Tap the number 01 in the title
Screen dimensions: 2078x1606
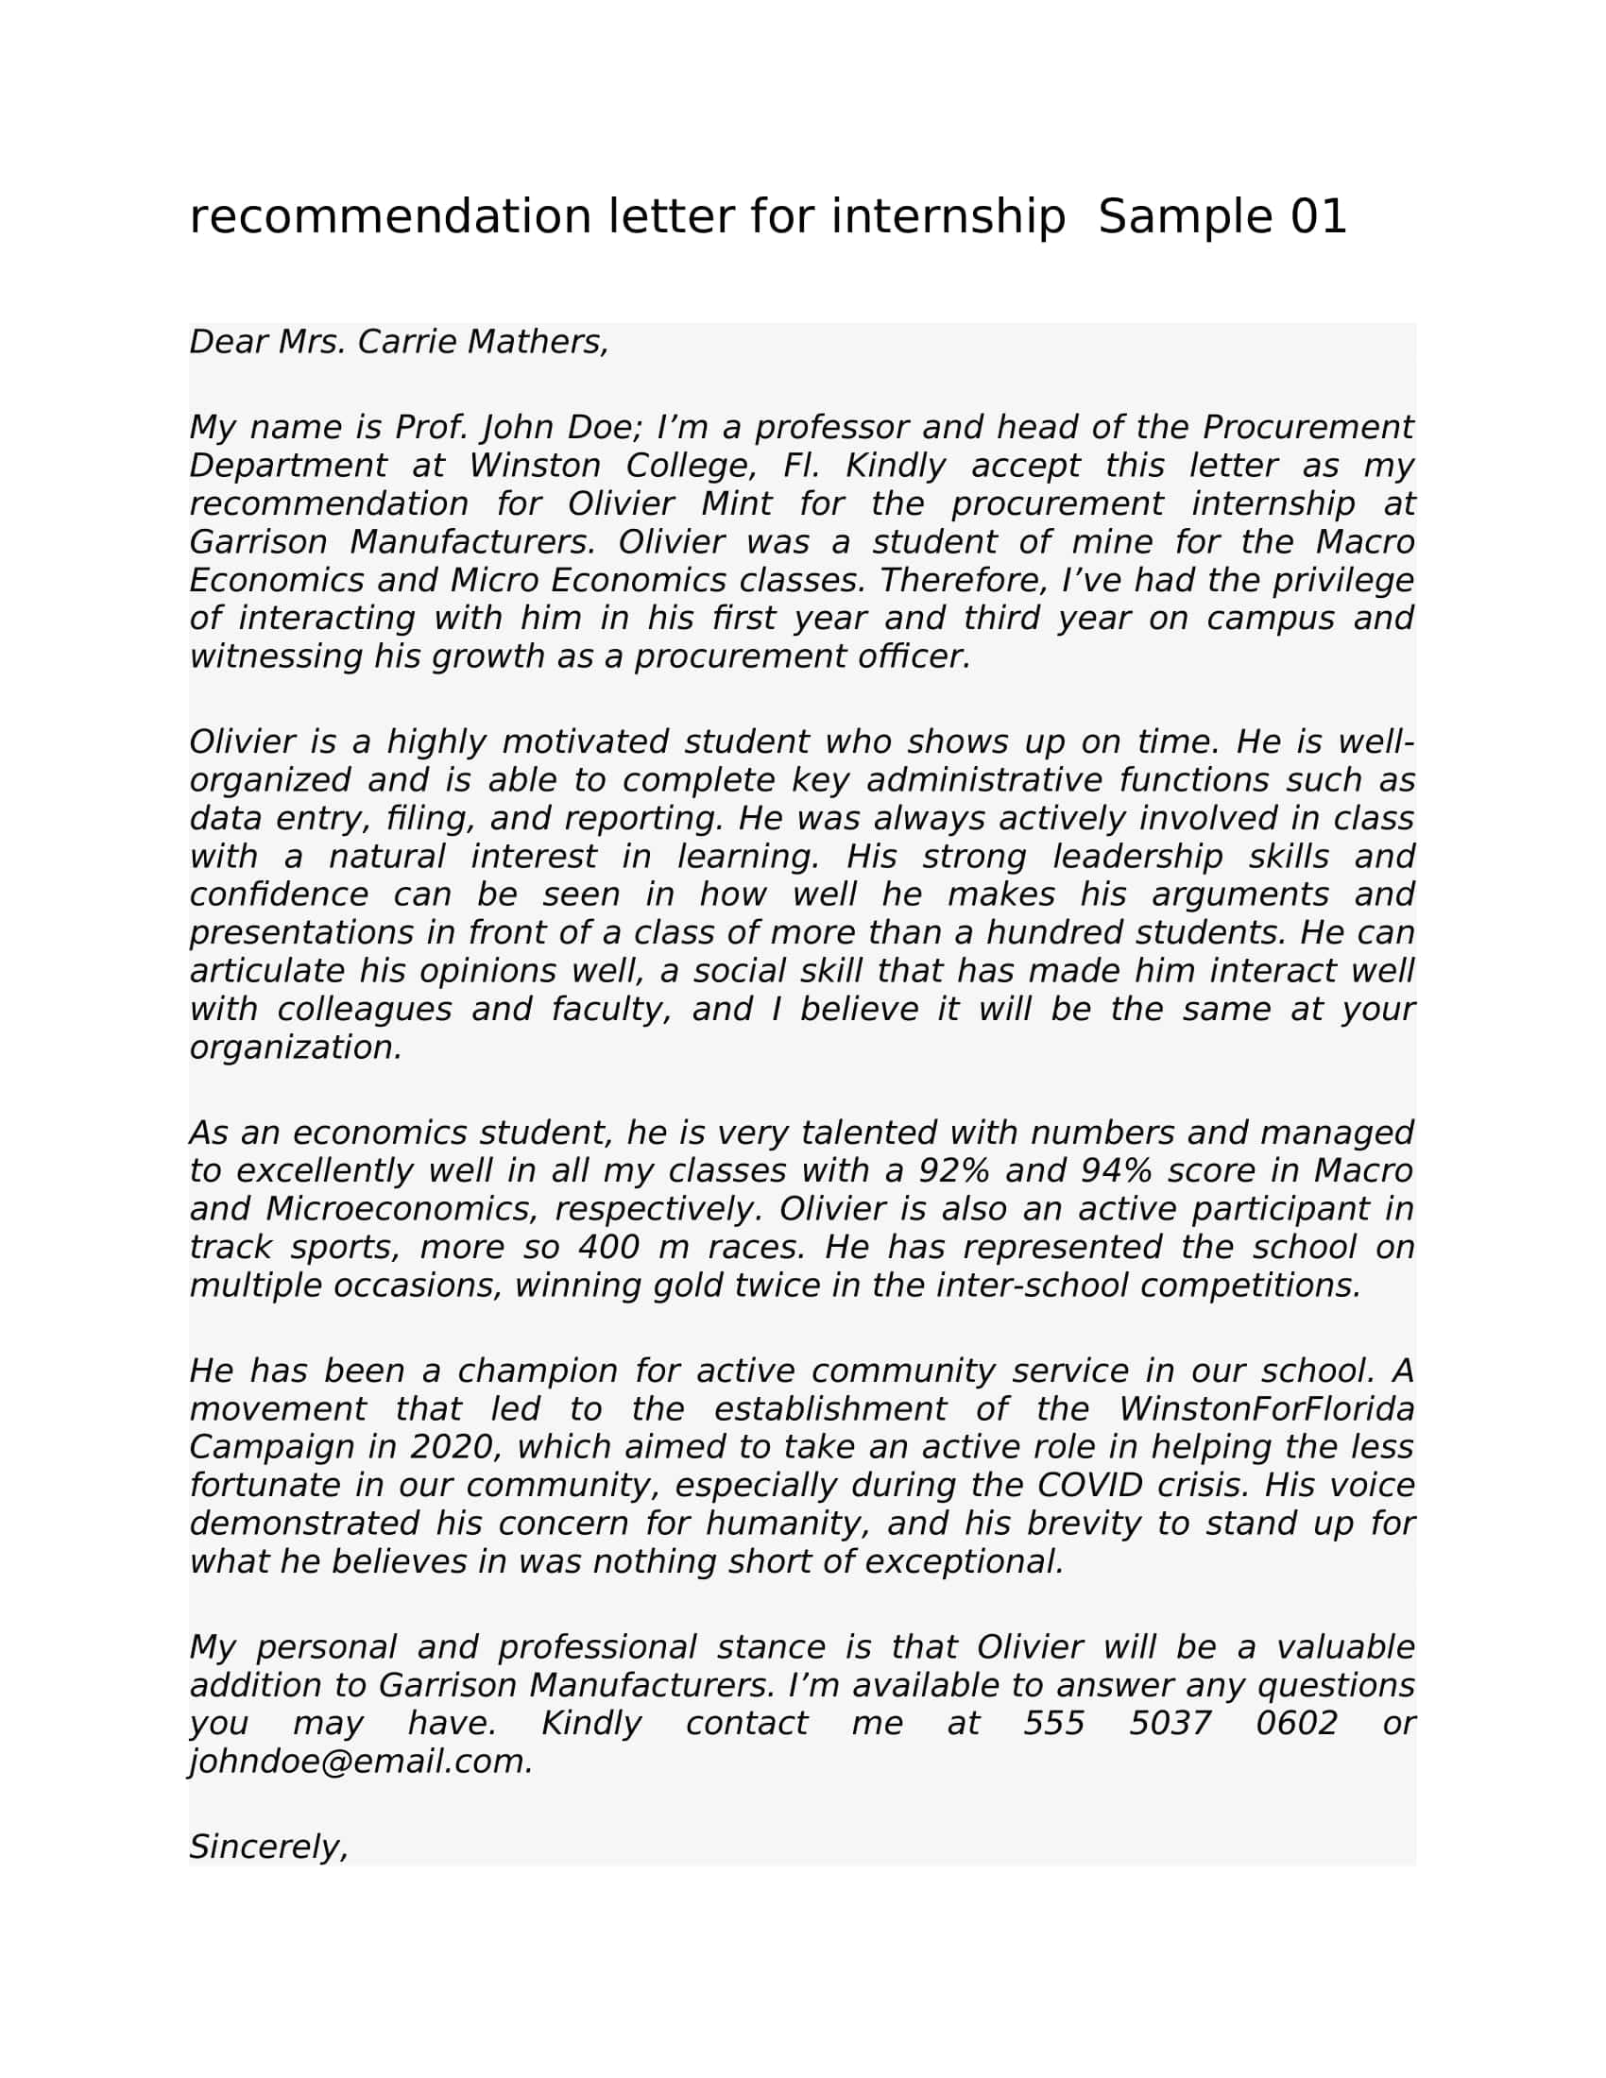[1319, 217]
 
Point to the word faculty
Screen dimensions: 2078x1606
[612, 1009]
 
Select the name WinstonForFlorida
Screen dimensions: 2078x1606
[1265, 1408]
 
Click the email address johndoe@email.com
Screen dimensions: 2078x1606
[362, 1762]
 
